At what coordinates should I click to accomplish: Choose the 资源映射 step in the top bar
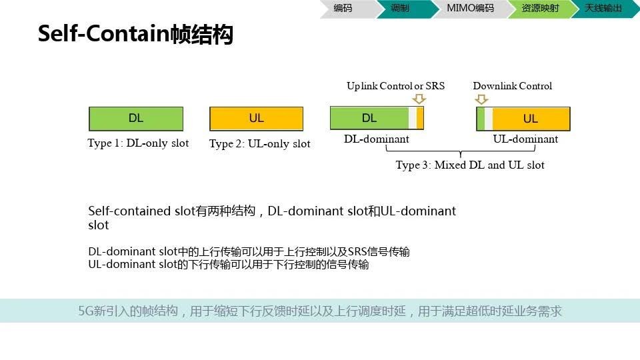pyautogui.click(x=540, y=8)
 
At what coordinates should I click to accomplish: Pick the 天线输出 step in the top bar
pyautogui.click(x=603, y=8)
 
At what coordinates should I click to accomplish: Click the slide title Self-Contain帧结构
pyautogui.click(x=135, y=33)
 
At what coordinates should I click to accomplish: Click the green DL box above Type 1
pyautogui.click(x=136, y=119)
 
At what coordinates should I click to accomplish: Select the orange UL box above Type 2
pyautogui.click(x=256, y=119)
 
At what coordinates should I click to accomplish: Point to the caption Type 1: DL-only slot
pyautogui.click(x=138, y=143)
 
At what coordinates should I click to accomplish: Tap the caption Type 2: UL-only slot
pyautogui.click(x=259, y=144)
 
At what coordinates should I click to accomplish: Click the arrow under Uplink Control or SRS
pyautogui.click(x=419, y=99)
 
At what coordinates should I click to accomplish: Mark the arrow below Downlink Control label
pyautogui.click(x=481, y=99)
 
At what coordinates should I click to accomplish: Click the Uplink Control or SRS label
pyautogui.click(x=395, y=86)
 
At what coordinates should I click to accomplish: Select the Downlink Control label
pyautogui.click(x=512, y=86)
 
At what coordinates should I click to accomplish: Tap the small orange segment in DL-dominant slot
pyautogui.click(x=420, y=119)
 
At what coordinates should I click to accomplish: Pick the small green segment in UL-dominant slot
pyautogui.click(x=481, y=119)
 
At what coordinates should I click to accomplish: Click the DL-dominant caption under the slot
pyautogui.click(x=376, y=139)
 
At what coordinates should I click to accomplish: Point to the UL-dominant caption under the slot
pyautogui.click(x=525, y=139)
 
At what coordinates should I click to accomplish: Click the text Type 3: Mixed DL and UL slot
pyautogui.click(x=470, y=165)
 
